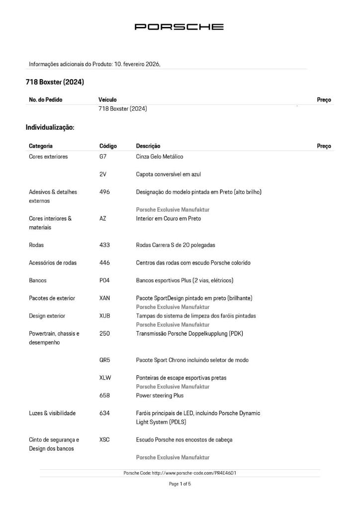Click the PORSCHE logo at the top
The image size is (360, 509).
180,27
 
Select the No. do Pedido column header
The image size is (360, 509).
46,100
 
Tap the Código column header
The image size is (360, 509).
108,146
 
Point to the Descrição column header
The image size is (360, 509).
148,146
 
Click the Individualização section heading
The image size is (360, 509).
50,128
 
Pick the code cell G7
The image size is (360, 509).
103,157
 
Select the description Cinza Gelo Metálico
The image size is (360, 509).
160,157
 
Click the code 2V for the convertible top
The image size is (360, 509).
103,174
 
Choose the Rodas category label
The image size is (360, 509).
37,245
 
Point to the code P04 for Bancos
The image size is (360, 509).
104,280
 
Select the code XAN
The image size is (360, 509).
105,298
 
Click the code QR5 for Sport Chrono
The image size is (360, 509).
105,360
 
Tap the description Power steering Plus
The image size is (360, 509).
160,396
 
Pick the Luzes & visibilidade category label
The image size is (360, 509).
52,414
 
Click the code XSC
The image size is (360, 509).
104,439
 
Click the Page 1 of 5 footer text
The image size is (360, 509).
180,484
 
